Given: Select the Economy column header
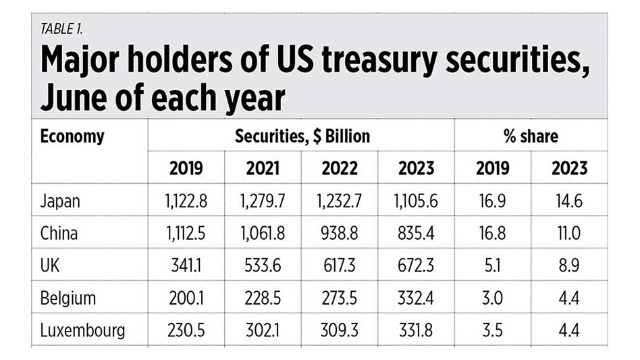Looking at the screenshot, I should click(x=72, y=136).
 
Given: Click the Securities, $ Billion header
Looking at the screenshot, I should click(x=302, y=136).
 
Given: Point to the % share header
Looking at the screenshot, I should click(x=531, y=136).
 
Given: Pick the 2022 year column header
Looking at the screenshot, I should click(x=340, y=168).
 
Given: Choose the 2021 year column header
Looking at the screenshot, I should click(x=263, y=168).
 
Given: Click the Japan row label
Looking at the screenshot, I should click(x=61, y=201).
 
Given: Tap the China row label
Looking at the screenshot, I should click(x=59, y=234).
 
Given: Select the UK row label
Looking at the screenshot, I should click(x=51, y=265).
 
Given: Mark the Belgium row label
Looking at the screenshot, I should click(x=68, y=298).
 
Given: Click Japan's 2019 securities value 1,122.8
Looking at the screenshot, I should click(x=186, y=201).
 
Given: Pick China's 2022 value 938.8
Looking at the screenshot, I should click(x=340, y=234).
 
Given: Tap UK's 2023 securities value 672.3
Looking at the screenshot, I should click(x=416, y=265).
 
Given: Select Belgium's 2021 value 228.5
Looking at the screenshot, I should click(x=263, y=298).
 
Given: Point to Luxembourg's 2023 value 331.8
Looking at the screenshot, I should click(x=416, y=330).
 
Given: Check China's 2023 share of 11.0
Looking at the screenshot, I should click(x=568, y=234).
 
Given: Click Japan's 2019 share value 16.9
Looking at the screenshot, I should click(x=493, y=201).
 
